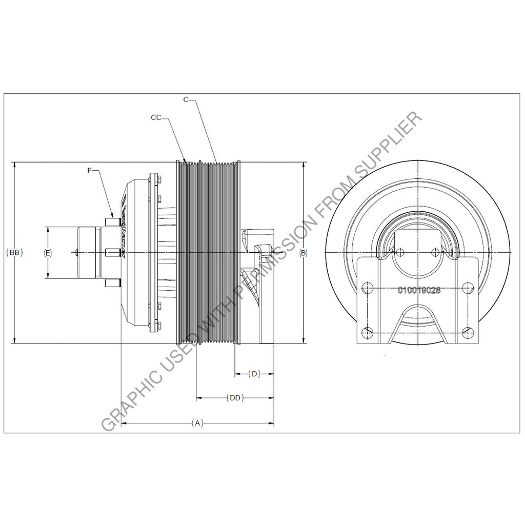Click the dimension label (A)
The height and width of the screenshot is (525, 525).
tap(197, 423)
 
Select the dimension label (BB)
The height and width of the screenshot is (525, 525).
tap(15, 253)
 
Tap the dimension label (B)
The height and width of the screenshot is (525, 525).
tap(303, 253)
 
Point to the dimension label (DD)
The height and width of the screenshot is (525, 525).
tap(234, 397)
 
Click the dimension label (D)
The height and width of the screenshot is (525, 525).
tap(254, 374)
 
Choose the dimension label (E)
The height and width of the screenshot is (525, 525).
tap(48, 253)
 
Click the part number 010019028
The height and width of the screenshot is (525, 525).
tap(419, 290)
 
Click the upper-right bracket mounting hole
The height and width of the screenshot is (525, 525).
tap(468, 289)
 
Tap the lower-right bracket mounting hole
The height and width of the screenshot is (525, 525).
tap(468, 332)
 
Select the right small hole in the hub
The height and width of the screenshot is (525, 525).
tap(435, 252)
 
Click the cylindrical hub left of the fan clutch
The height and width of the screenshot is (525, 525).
tap(86, 253)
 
